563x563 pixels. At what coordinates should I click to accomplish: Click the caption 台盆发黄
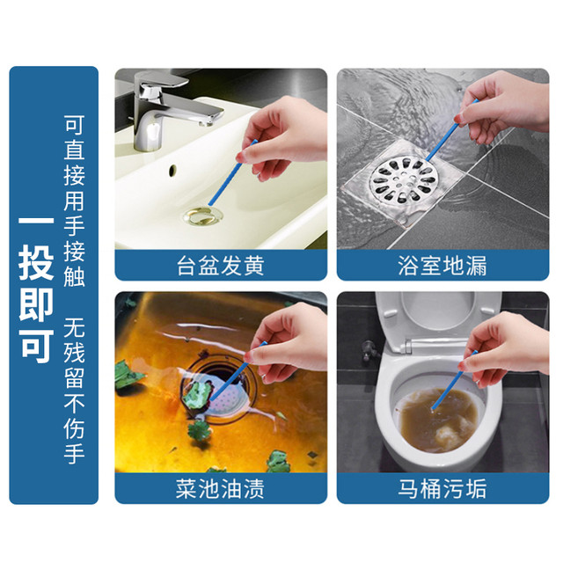tap(221, 266)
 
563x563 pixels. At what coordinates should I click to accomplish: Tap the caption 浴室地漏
tap(442, 266)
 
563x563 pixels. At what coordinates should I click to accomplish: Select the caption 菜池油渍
tap(221, 489)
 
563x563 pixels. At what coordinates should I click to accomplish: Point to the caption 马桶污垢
tap(442, 489)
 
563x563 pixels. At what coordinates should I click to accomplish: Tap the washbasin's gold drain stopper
tap(203, 216)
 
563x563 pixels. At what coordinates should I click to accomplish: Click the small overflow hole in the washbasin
tap(172, 170)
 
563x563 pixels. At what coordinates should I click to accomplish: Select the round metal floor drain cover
tap(402, 179)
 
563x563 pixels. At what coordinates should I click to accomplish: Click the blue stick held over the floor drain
tap(451, 131)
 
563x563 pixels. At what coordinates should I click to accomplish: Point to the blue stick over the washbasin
tap(232, 172)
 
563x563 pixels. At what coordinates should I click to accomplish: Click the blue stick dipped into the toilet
tap(454, 380)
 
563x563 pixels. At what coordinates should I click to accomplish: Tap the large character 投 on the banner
tap(36, 262)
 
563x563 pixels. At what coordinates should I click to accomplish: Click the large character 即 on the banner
tap(36, 304)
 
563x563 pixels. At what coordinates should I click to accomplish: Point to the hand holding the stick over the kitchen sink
tap(288, 341)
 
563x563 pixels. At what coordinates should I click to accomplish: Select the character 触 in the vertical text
tap(74, 275)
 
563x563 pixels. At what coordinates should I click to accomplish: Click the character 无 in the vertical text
tap(74, 327)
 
